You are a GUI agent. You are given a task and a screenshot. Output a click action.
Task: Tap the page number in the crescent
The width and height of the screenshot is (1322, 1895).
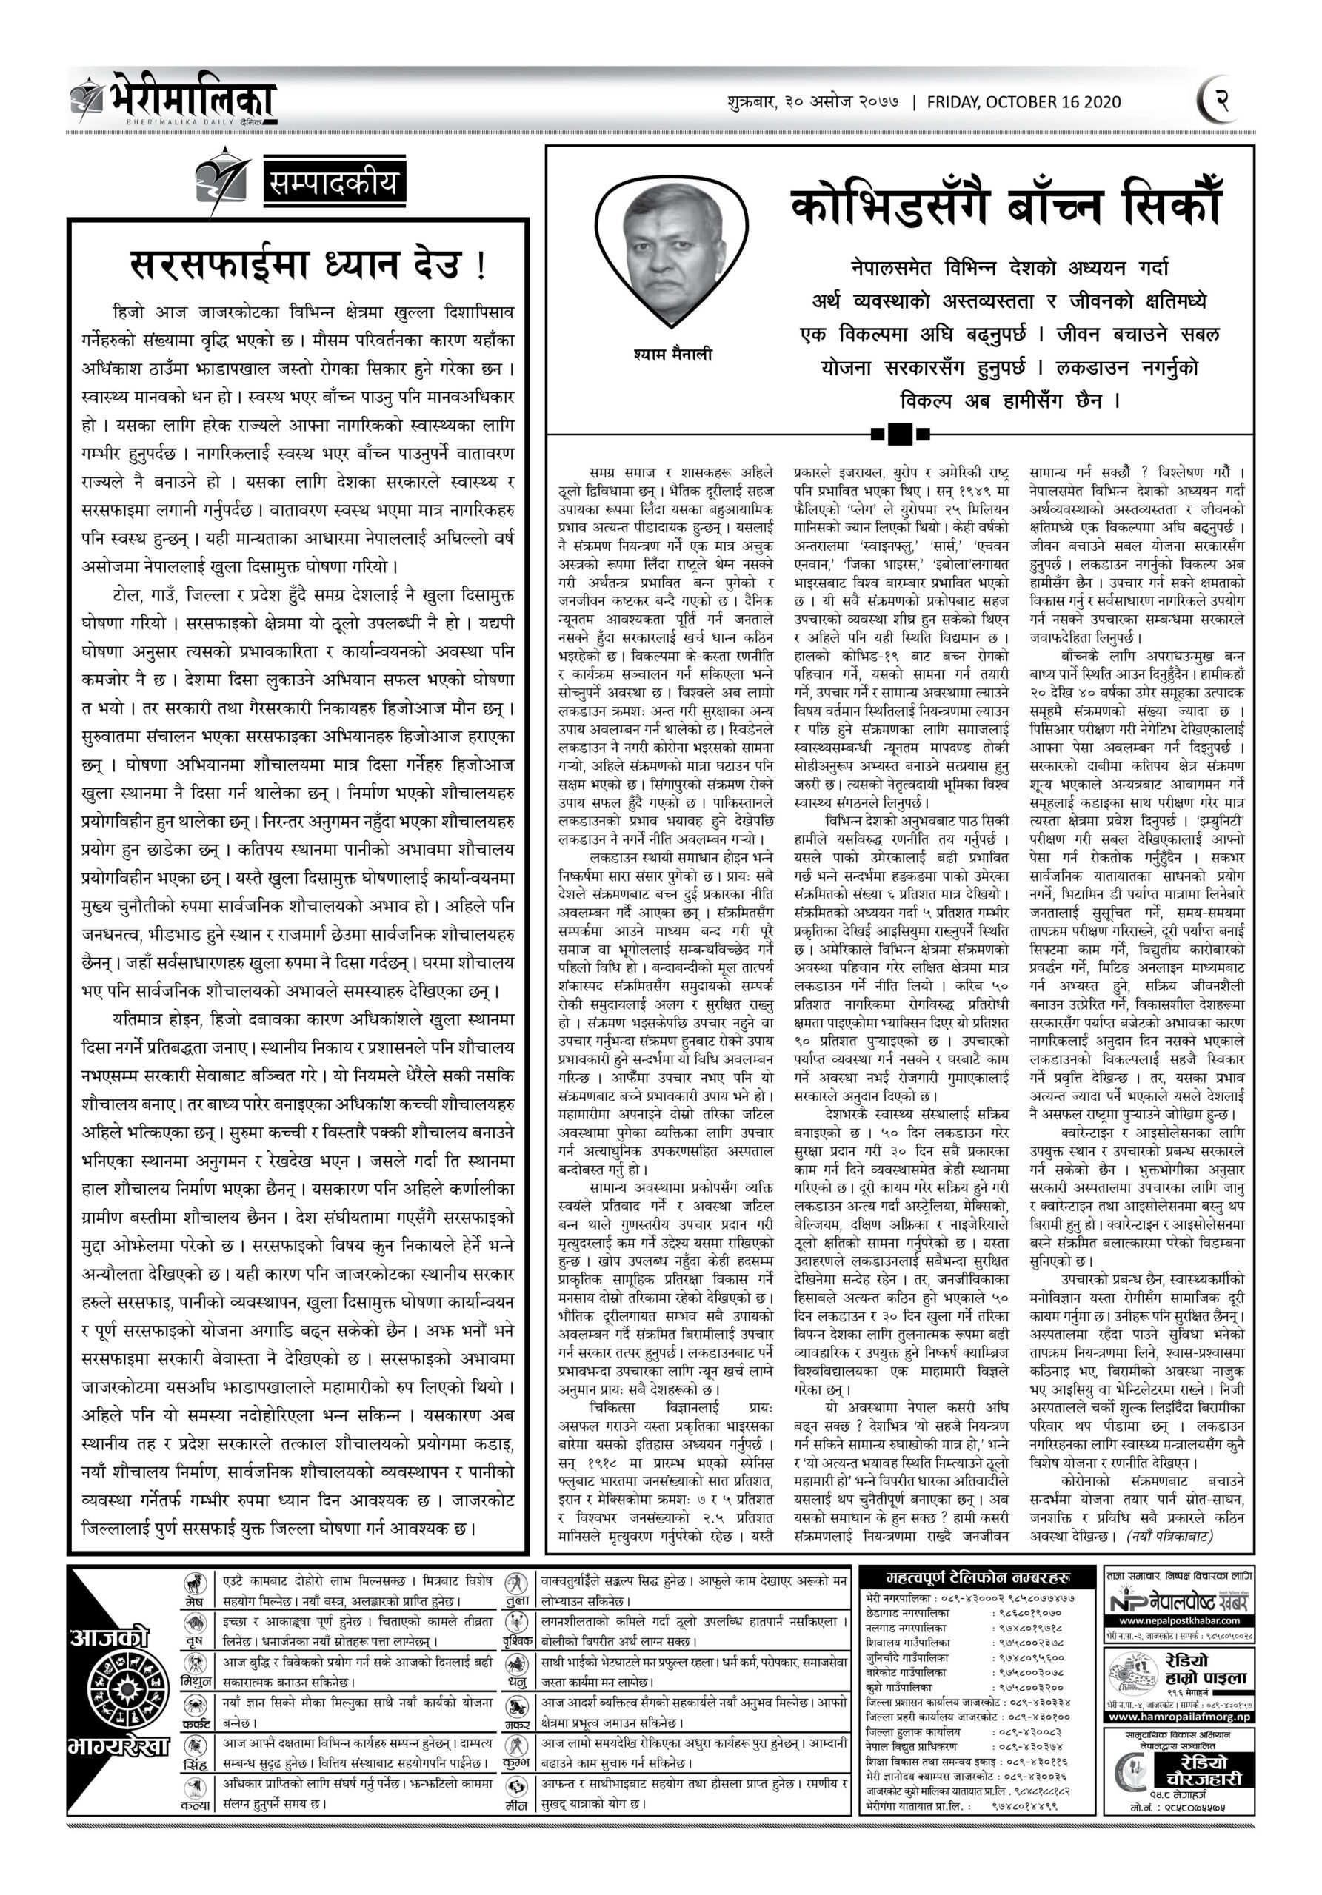click(x=1221, y=101)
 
